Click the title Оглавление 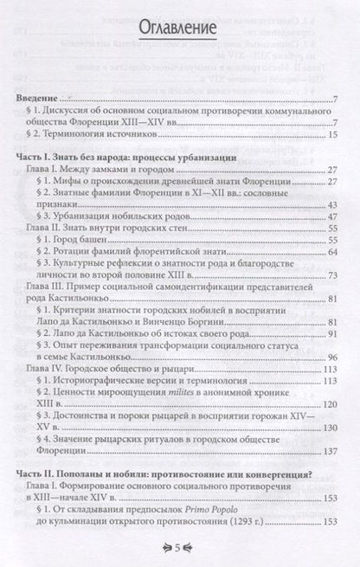tap(179, 29)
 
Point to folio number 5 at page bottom tap(178, 546)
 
